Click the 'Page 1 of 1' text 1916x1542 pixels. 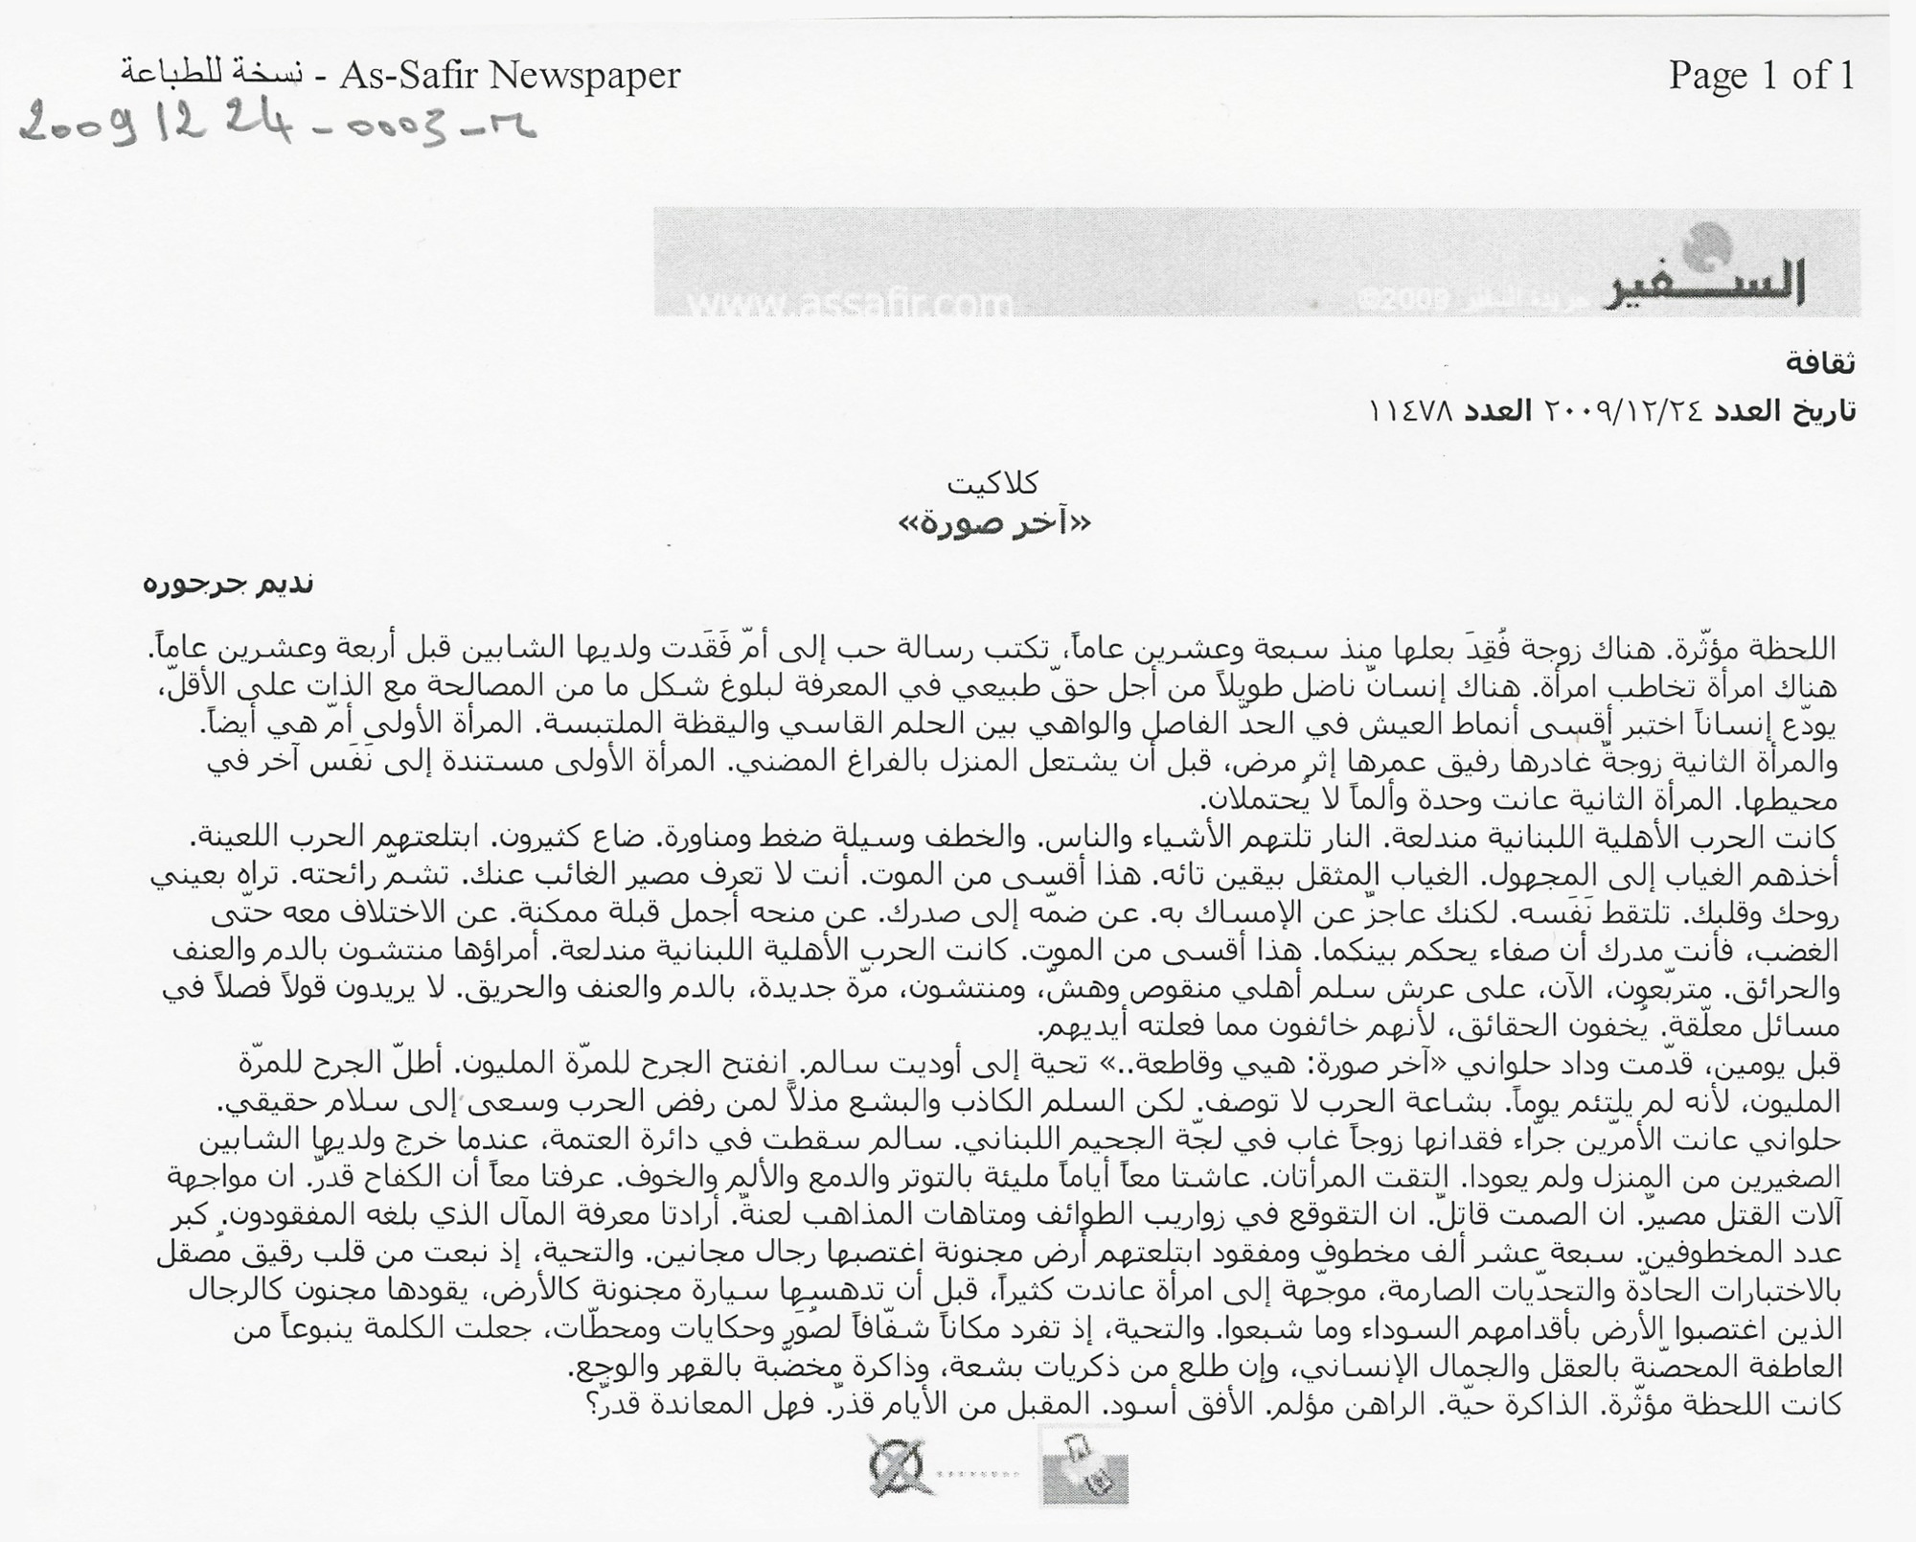pyautogui.click(x=1761, y=75)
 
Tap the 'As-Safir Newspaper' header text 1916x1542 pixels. pyautogui.click(x=510, y=75)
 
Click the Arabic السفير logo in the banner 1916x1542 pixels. pyautogui.click(x=1724, y=279)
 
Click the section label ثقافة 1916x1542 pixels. pyautogui.click(x=1820, y=362)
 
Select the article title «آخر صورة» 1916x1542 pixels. pyautogui.click(x=993, y=524)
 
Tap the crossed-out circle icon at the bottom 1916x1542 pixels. pyautogui.click(x=901, y=1465)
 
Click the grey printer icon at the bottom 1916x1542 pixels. pyautogui.click(x=1084, y=1467)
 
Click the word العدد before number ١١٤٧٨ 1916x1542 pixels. pyautogui.click(x=1500, y=411)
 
